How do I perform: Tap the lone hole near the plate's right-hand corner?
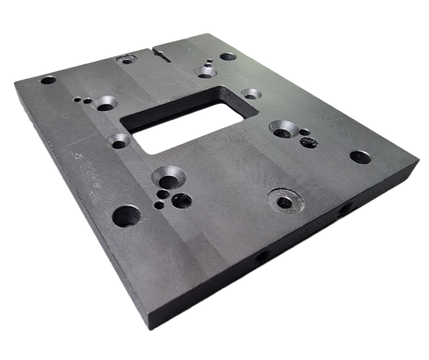(357, 156)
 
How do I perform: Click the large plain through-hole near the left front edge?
(127, 214)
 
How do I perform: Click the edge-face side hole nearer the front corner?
(261, 256)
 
